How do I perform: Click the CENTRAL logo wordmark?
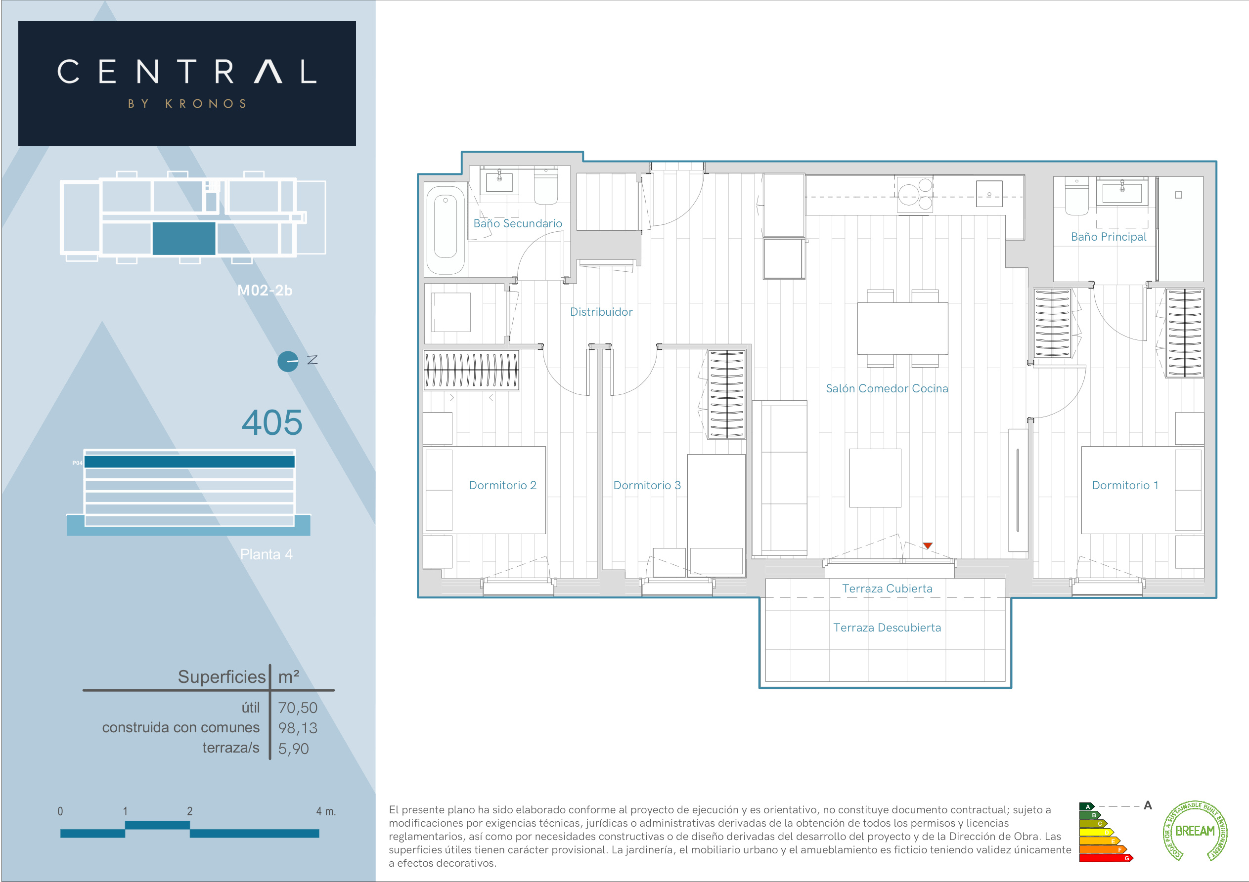(186, 72)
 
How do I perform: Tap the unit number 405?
(272, 422)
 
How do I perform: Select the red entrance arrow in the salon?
(928, 546)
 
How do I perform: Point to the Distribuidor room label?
(601, 312)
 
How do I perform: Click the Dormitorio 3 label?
(647, 485)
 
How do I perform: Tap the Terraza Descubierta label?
(887, 628)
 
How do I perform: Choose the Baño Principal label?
(1108, 237)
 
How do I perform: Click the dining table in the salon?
(902, 329)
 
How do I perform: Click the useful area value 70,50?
(298, 708)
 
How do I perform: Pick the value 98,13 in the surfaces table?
(298, 728)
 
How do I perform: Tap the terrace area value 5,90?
(293, 749)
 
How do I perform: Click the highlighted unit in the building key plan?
(184, 238)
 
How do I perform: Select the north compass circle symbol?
(288, 362)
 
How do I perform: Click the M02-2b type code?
(265, 291)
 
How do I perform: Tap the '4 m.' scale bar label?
(326, 811)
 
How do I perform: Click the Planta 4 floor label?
(266, 554)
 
